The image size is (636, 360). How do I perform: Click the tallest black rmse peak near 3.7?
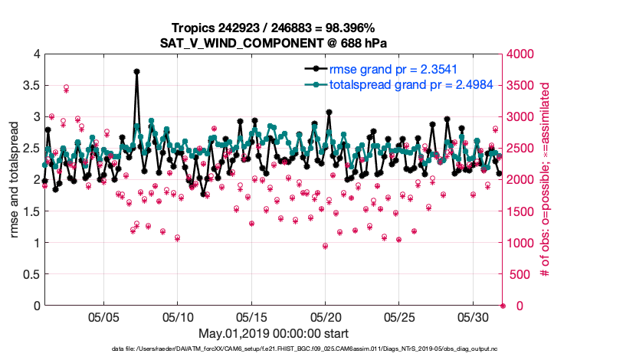pyautogui.click(x=136, y=71)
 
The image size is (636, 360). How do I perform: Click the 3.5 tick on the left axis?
pyautogui.click(x=31, y=85)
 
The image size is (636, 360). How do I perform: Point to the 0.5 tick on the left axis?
pyautogui.click(x=31, y=274)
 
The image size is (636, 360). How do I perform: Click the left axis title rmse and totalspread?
pyautogui.click(x=14, y=180)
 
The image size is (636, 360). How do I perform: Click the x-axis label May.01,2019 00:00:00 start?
pyautogui.click(x=274, y=333)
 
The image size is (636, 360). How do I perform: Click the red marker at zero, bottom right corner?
pyautogui.click(x=503, y=306)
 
